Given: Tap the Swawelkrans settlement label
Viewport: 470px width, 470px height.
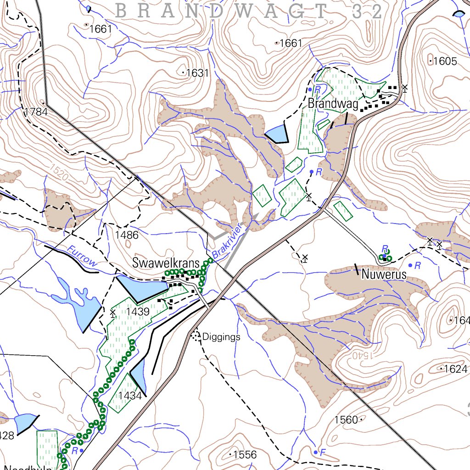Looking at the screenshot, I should tap(166, 263).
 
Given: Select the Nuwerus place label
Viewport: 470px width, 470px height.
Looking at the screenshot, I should tap(384, 275).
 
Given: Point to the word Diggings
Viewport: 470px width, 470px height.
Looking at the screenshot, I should tap(221, 337).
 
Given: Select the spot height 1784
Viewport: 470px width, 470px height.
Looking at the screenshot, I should tap(36, 112).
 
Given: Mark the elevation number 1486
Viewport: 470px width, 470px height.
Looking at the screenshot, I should tap(127, 235).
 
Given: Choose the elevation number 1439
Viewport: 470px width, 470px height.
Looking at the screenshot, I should tap(138, 312).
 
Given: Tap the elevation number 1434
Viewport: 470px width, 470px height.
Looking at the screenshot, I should tap(130, 396).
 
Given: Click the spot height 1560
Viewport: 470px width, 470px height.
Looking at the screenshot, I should tap(346, 420).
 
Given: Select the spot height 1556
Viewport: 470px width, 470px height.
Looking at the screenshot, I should tap(245, 455).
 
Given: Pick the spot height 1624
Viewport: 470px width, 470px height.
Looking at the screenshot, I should tap(455, 369).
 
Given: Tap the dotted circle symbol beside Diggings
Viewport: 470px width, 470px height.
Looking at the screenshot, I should tap(196, 336).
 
